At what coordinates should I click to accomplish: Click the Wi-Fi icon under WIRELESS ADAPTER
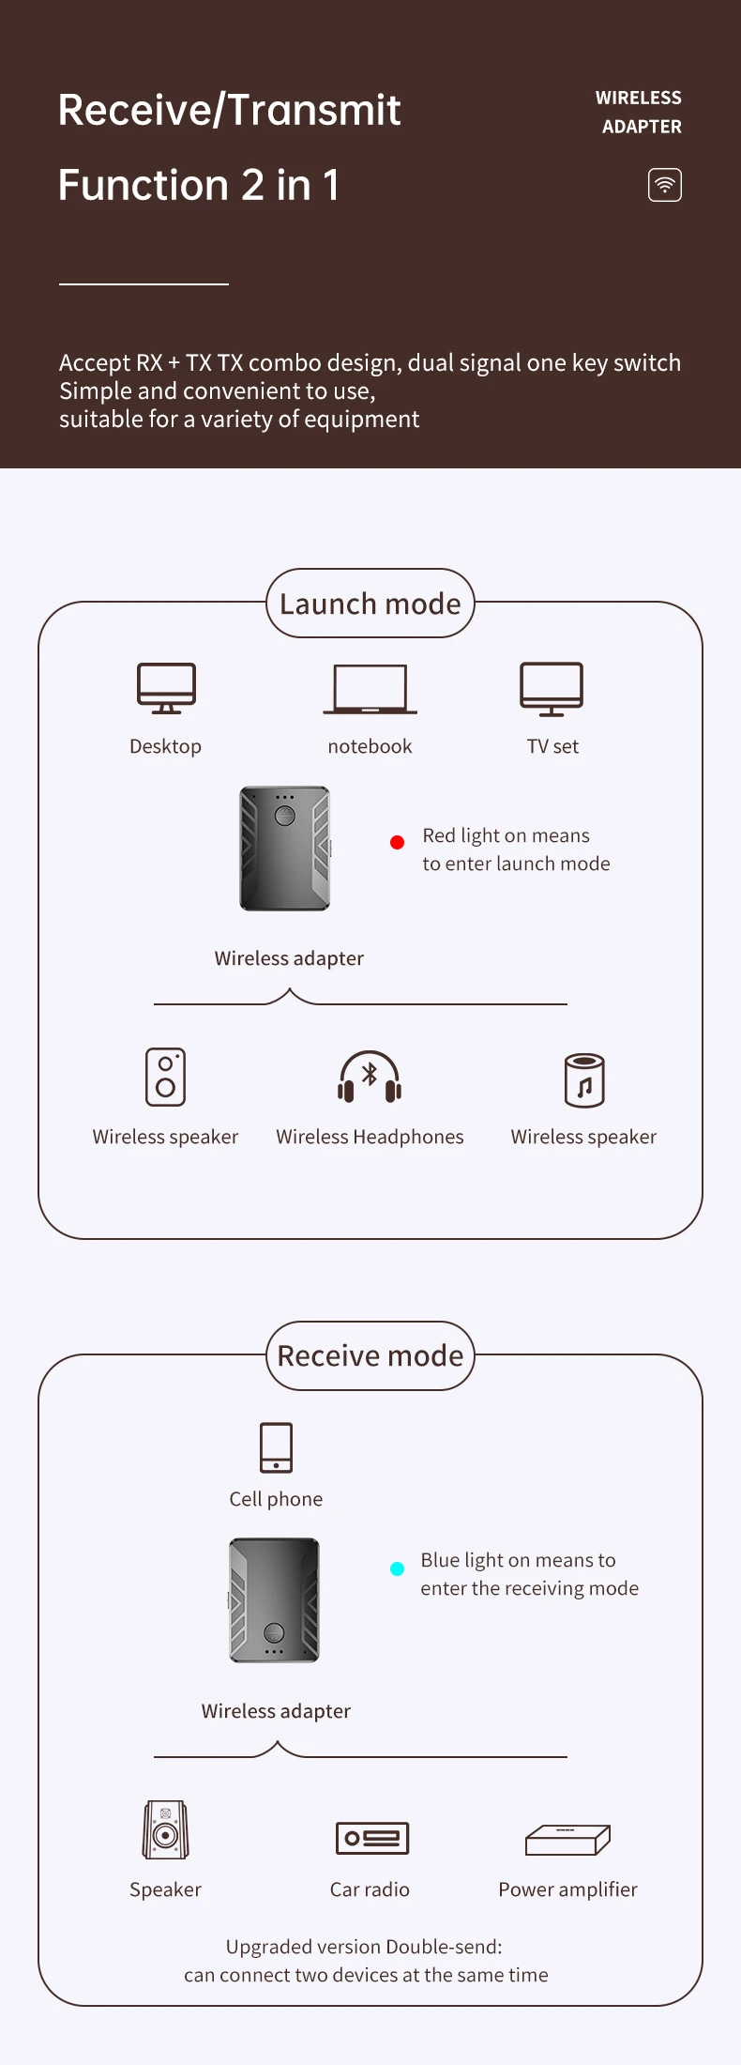point(664,185)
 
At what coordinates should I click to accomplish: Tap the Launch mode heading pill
point(370,604)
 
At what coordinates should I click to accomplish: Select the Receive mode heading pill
point(370,1355)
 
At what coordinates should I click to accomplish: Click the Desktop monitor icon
point(166,688)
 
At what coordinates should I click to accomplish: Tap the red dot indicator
point(397,842)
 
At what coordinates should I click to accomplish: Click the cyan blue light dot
point(397,1568)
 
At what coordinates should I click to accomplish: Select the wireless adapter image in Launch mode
point(285,849)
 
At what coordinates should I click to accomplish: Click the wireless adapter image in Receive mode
point(275,1599)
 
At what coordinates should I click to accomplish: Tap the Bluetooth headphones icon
point(370,1077)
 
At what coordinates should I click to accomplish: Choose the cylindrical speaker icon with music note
point(584,1080)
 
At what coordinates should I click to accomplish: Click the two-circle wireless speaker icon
point(165,1077)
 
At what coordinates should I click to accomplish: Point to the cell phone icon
point(276,1447)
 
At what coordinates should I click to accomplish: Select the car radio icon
point(371,1837)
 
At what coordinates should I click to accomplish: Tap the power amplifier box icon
point(567,1840)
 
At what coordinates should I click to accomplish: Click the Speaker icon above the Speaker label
point(165,1829)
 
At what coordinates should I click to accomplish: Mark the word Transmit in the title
point(314,110)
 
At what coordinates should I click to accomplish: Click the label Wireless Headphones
point(370,1137)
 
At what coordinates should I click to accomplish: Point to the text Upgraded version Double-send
point(364,1947)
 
